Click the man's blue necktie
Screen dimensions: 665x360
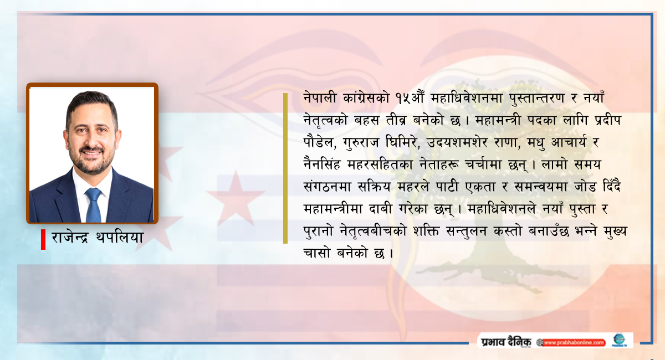pos(93,205)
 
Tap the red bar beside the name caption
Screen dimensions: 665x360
pos(43,239)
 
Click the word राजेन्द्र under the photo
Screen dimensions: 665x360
pos(70,238)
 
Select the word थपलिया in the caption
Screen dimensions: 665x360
pos(120,238)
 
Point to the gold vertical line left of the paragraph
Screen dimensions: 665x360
pos(285,168)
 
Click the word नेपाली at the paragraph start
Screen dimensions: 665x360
pos(320,97)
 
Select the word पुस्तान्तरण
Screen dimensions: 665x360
pos(537,98)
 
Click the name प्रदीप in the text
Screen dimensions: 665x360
pos(608,120)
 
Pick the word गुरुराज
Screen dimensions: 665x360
pos(361,143)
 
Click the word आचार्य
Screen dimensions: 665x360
pos(569,142)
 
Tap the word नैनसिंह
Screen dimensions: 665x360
pos(321,164)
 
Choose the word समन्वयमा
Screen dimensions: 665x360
pos(541,187)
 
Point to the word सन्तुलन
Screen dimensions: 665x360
pos(467,232)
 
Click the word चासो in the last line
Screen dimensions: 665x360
pos(317,253)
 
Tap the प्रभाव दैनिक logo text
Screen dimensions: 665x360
pos(506,342)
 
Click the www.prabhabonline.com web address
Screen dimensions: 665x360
pos(574,343)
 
